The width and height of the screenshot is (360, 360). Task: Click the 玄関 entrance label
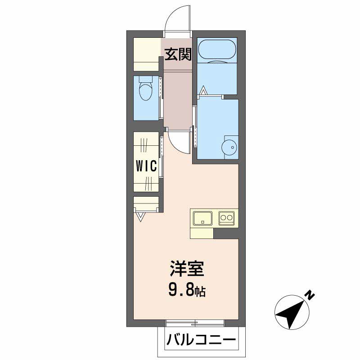(178, 54)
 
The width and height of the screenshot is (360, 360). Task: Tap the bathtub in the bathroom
(217, 50)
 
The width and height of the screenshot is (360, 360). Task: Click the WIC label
(146, 166)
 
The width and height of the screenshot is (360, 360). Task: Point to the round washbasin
(229, 148)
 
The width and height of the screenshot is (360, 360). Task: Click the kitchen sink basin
(203, 218)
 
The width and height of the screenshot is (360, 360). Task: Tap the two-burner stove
(227, 218)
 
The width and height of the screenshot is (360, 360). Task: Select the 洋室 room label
(187, 268)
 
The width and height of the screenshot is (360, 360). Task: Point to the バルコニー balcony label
(201, 340)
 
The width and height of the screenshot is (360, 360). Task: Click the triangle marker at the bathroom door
(203, 90)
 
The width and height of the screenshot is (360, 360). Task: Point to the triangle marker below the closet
(140, 217)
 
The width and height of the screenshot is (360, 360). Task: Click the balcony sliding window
(195, 323)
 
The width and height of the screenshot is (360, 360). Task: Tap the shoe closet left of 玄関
(147, 54)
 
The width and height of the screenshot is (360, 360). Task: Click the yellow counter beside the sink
(202, 233)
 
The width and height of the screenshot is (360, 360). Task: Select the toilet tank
(146, 80)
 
